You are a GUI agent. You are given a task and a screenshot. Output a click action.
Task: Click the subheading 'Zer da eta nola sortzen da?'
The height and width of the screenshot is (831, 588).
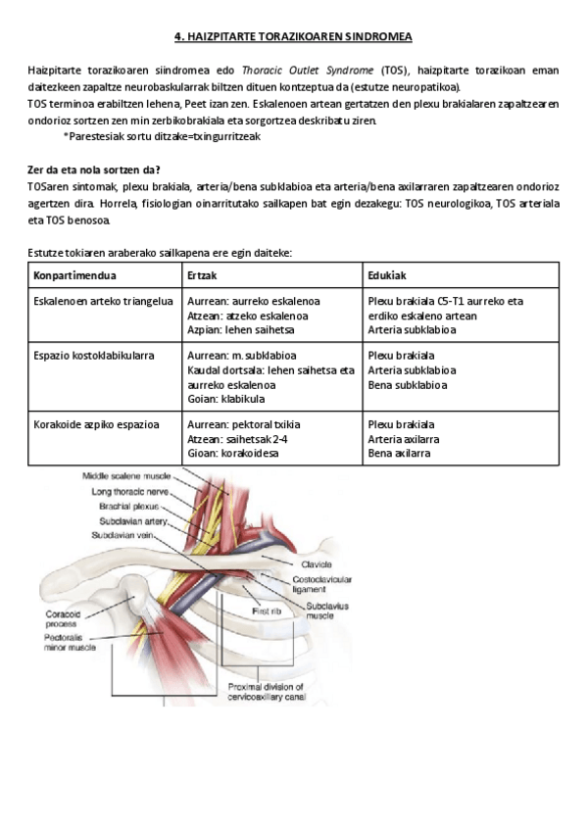tap(92, 169)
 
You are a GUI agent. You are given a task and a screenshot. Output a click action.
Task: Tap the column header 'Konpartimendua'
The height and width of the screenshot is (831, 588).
tap(74, 274)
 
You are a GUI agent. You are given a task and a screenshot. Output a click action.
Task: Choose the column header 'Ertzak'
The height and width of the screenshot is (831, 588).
tap(202, 274)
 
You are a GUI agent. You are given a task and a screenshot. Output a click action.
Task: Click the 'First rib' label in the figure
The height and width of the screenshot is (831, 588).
tap(267, 611)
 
